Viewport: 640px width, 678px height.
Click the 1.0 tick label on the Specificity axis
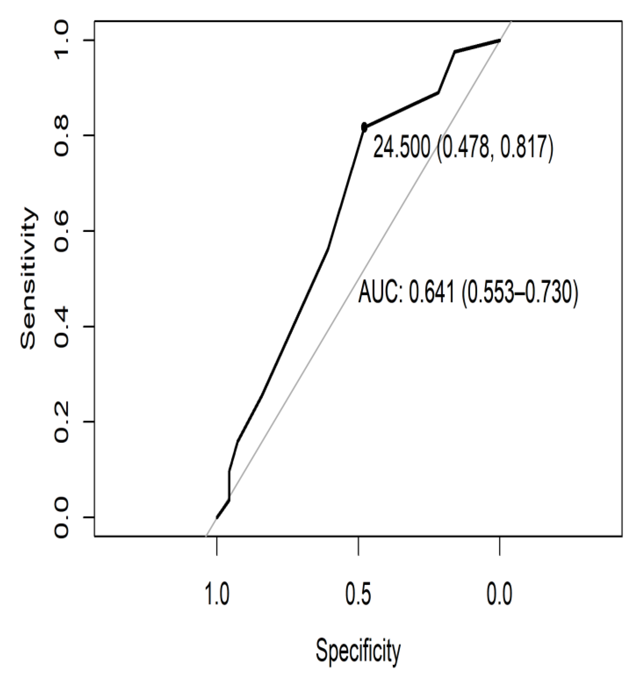click(x=217, y=595)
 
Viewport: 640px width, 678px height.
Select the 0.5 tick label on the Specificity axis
click(x=358, y=595)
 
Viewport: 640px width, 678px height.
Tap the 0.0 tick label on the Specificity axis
click(x=499, y=595)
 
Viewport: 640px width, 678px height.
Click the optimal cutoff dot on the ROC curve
click(x=364, y=127)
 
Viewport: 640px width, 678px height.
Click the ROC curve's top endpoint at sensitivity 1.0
click(x=499, y=40)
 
